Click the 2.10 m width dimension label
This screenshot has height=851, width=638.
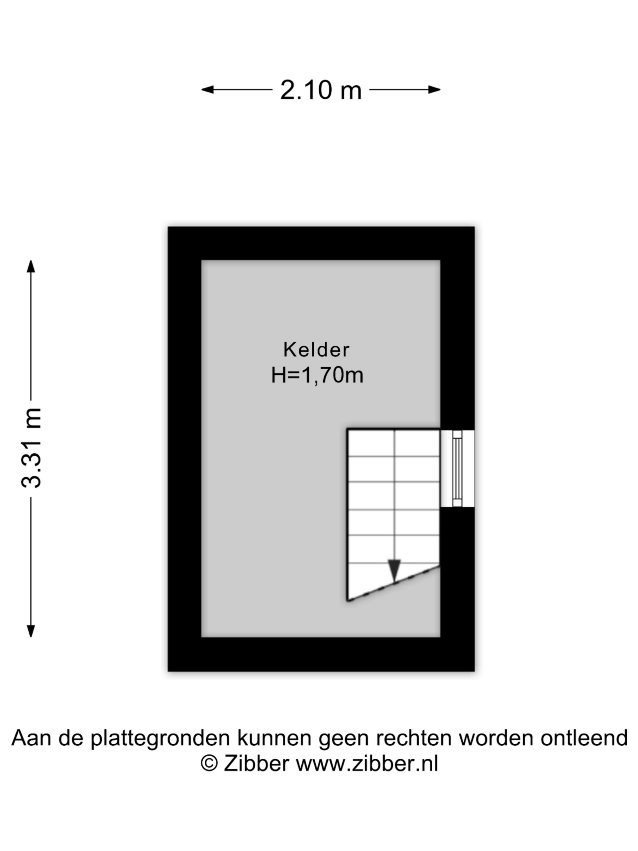[x=321, y=90]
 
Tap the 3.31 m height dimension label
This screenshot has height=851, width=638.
[x=31, y=447]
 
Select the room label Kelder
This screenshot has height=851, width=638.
[x=316, y=350]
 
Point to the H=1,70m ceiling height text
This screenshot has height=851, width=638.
[x=317, y=376]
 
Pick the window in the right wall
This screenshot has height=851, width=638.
[x=457, y=468]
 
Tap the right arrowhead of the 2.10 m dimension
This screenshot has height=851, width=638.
[x=434, y=90]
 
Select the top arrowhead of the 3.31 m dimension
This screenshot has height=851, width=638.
[x=31, y=267]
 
